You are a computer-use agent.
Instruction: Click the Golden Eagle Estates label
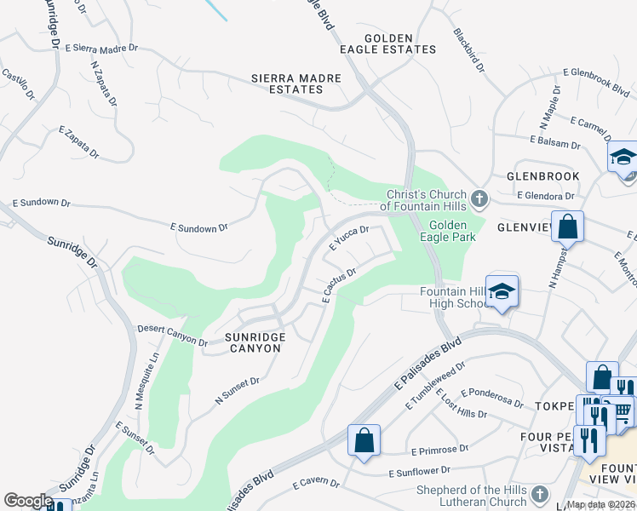click(400, 44)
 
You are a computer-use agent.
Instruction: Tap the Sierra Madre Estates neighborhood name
click(296, 83)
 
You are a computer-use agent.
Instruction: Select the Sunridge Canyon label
click(255, 343)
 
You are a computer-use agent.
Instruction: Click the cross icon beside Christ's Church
click(479, 199)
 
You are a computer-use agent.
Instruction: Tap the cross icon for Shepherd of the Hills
click(538, 494)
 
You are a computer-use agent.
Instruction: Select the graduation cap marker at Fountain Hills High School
click(502, 291)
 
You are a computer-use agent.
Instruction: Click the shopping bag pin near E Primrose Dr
click(364, 441)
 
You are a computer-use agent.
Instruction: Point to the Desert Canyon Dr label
click(173, 335)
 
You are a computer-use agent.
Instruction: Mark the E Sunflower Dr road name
click(429, 472)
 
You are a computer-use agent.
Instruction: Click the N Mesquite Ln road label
click(142, 380)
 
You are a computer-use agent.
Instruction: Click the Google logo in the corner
click(28, 500)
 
